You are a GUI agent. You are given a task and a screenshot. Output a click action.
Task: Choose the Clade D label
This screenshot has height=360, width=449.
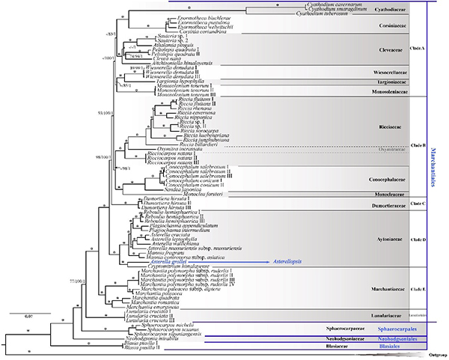(418, 239)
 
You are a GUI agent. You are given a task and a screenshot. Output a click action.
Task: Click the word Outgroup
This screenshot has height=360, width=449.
(430, 355)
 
